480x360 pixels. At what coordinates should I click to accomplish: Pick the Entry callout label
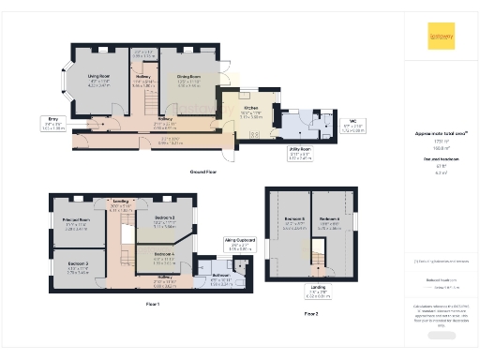(x=53, y=121)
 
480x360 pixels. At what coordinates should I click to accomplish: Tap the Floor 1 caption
(x=152, y=305)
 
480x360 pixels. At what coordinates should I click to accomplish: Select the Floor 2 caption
(x=311, y=313)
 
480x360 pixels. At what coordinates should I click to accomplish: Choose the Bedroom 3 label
(x=77, y=265)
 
